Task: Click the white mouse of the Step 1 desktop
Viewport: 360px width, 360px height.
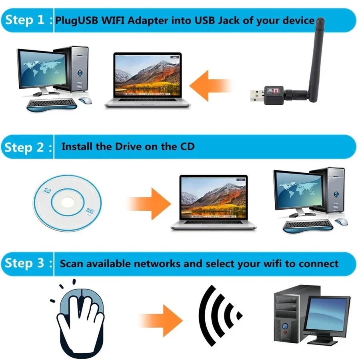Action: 84,100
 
